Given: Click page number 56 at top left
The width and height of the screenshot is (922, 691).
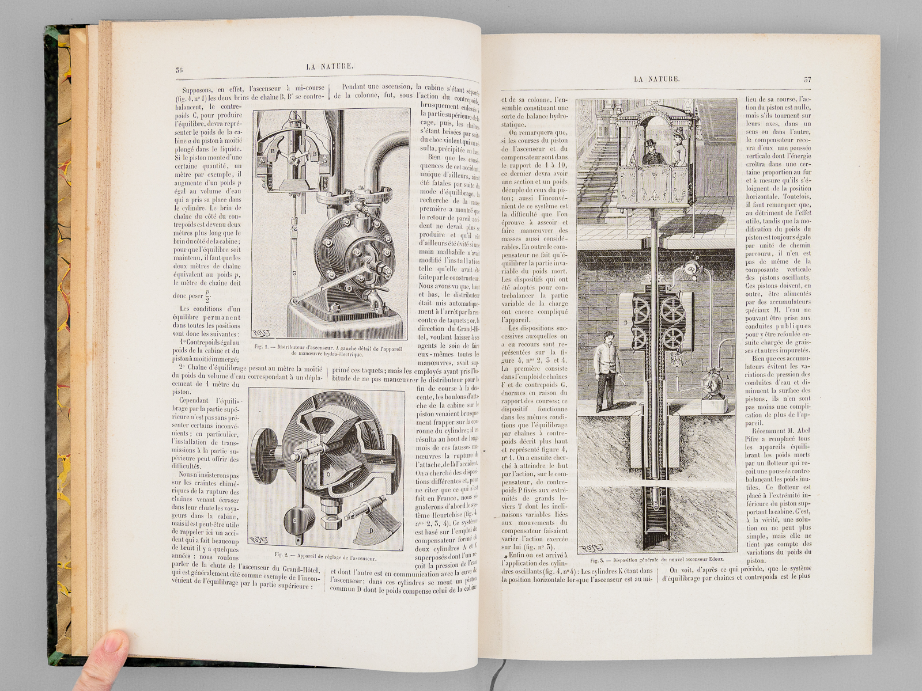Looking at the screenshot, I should click(179, 70).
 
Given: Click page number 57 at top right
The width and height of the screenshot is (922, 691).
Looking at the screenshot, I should click(807, 79).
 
